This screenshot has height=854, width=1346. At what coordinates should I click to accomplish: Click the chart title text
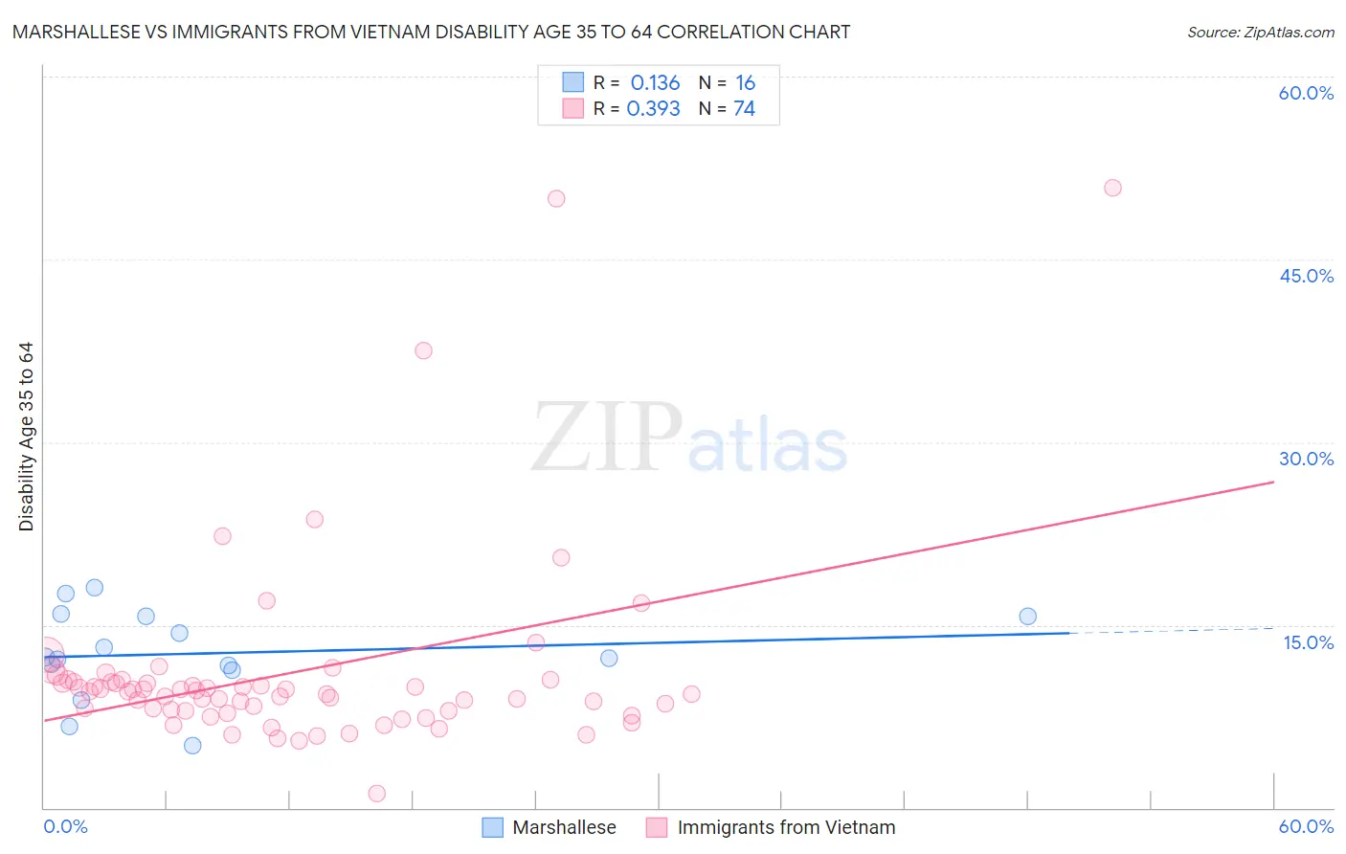pos(431,33)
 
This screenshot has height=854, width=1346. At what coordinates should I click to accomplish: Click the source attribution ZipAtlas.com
pos(1260,33)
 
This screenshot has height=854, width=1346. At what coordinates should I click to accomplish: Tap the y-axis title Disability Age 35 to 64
pos(26,437)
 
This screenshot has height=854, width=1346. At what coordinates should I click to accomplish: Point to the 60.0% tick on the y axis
pos(1306,93)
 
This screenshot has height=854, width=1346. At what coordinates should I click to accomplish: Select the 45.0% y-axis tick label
pos(1306,276)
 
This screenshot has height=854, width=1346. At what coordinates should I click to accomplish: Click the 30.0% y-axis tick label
pos(1306,459)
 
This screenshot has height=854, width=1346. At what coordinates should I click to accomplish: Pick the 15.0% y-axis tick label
pos(1308,642)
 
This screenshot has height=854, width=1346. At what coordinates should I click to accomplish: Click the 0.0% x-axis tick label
pos(65,826)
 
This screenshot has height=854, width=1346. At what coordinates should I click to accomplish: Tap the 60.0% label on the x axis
pos(1306,826)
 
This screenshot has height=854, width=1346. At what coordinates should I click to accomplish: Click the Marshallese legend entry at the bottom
pos(550,827)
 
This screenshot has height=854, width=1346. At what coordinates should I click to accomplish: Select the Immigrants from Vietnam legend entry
pos(772,827)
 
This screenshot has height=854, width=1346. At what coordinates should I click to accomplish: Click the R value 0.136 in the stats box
pos(655,83)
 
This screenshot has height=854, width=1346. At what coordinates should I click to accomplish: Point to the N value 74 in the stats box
pos(744,109)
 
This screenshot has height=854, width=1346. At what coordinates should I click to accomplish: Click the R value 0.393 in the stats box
pos(653,109)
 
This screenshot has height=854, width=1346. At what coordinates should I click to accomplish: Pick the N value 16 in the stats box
pos(745,83)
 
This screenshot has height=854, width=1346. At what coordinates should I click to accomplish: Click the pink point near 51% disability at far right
pos(1112,188)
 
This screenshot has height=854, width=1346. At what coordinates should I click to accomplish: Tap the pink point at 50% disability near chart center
pos(556,199)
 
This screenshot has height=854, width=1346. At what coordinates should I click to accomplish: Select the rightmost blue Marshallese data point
pos(1027,617)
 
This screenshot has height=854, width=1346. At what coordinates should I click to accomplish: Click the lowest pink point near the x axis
pos(377,794)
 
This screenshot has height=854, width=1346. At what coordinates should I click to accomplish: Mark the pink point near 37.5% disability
pos(423,350)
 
